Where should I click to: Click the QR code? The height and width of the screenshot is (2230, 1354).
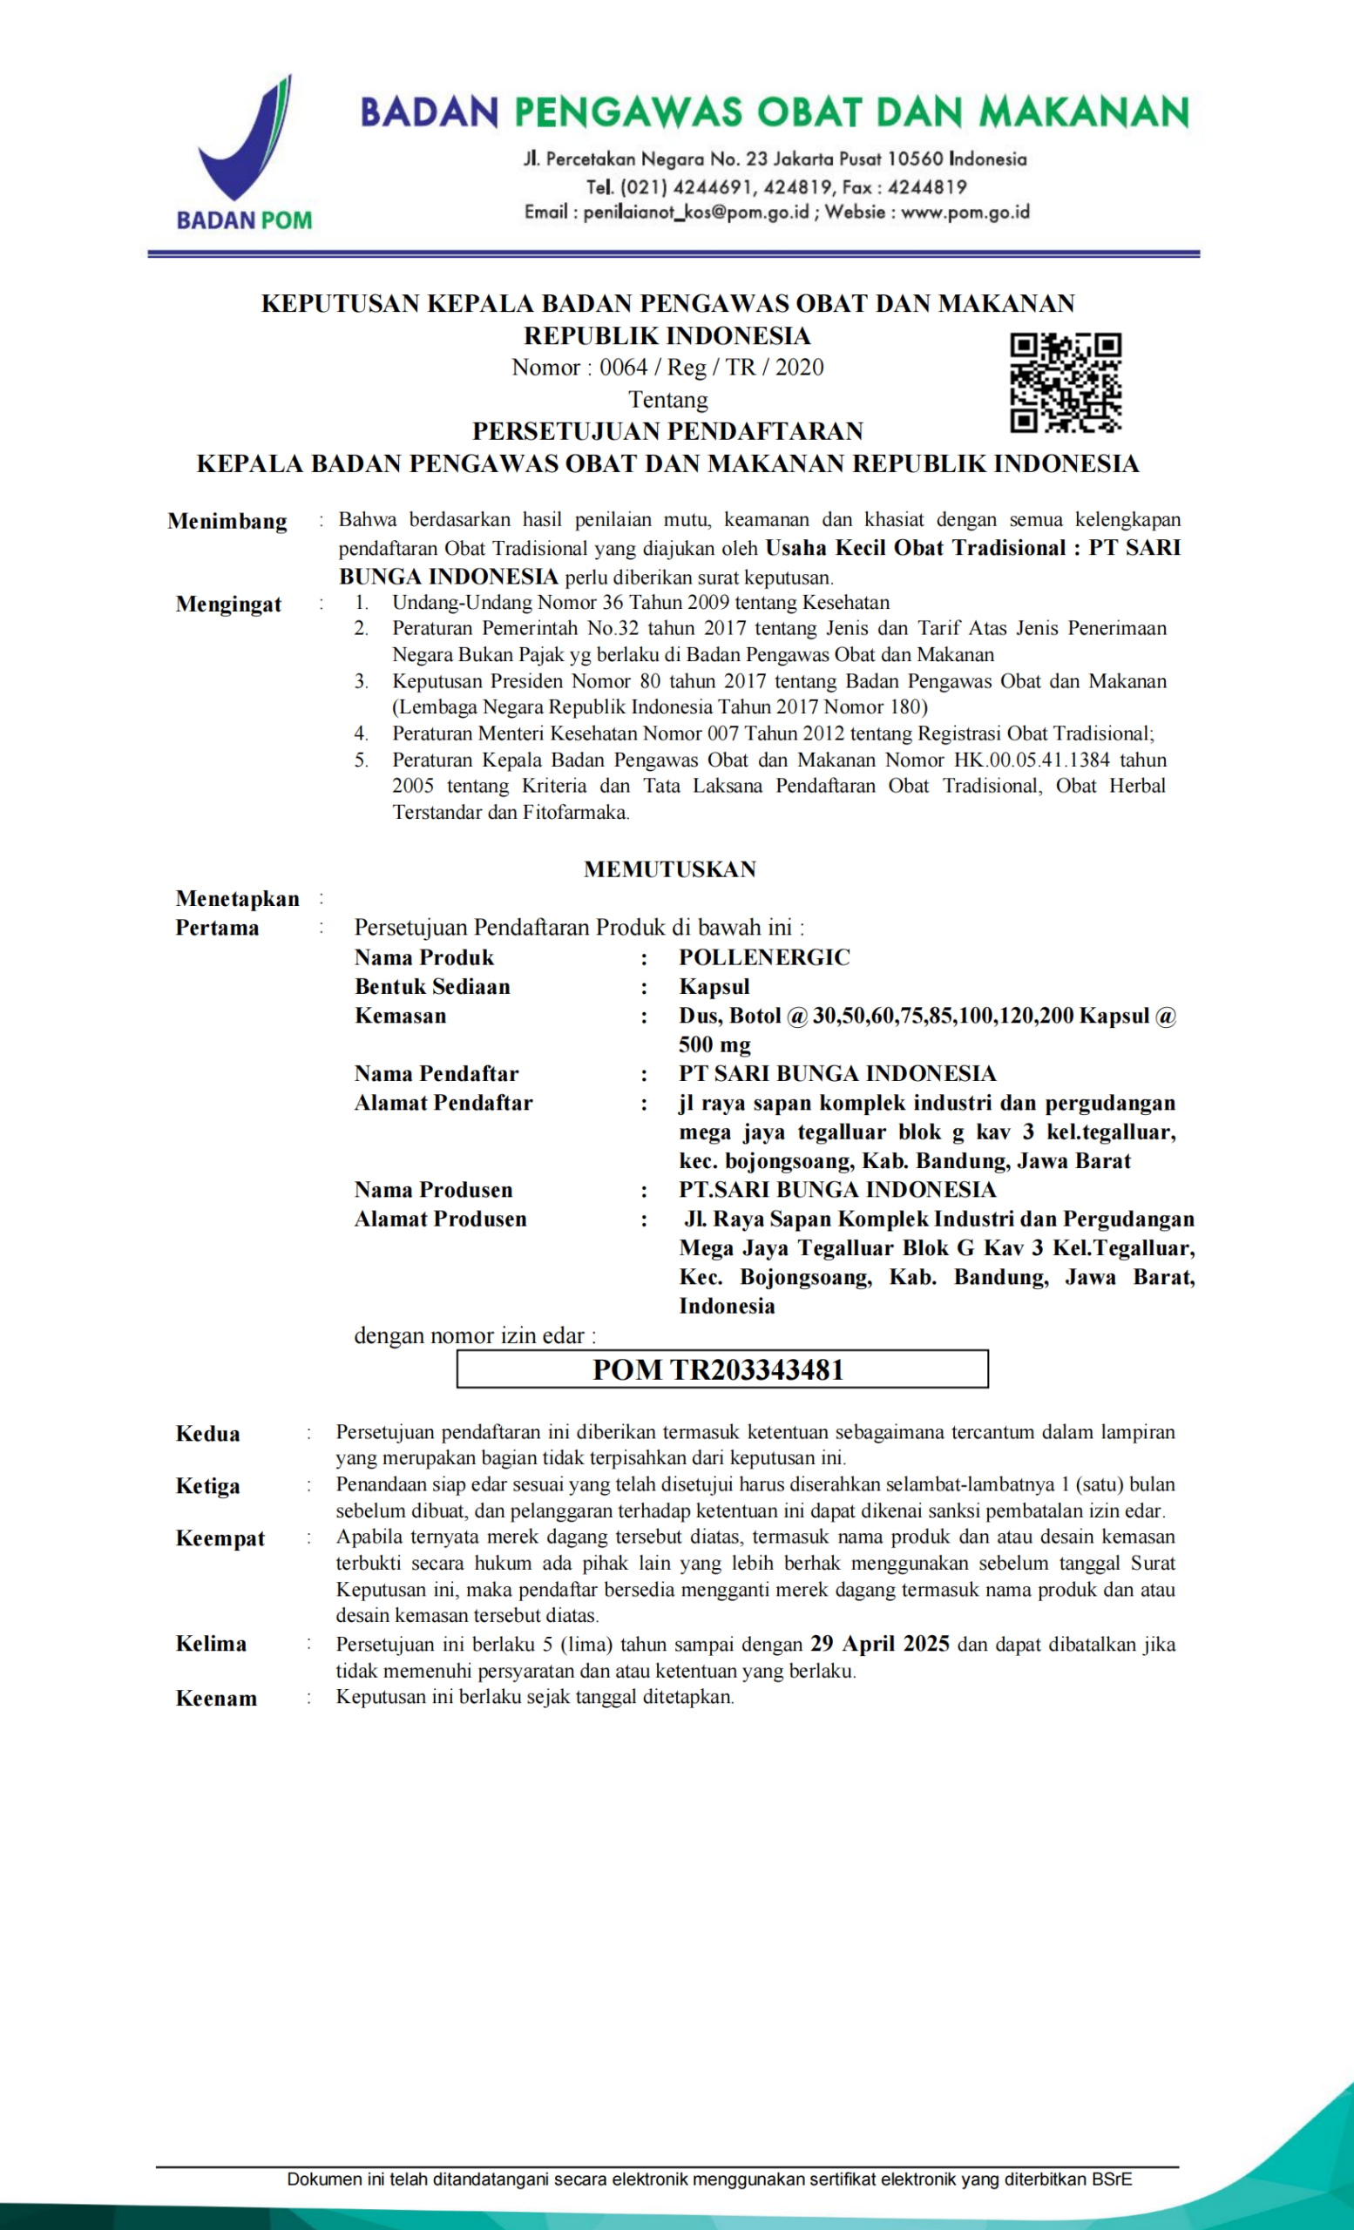pyautogui.click(x=1066, y=382)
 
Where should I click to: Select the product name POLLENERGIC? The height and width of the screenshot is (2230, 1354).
pyautogui.click(x=765, y=957)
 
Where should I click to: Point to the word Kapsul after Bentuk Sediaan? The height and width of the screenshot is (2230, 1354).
pyautogui.click(x=714, y=986)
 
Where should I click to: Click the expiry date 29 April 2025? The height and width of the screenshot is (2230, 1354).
pyautogui.click(x=879, y=1644)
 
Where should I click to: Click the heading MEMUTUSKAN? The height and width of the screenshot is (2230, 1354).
pyautogui.click(x=670, y=868)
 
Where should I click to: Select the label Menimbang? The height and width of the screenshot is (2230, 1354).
pyautogui.click(x=227, y=521)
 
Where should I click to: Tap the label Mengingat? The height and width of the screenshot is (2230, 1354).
pyautogui.click(x=228, y=604)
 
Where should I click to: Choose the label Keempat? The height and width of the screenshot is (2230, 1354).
pyautogui.click(x=220, y=1538)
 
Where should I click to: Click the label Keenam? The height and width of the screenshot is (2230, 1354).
pyautogui.click(x=216, y=1698)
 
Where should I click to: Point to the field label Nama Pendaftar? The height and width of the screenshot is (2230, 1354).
pyautogui.click(x=437, y=1073)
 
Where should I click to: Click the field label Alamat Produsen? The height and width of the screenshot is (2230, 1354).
pyautogui.click(x=440, y=1219)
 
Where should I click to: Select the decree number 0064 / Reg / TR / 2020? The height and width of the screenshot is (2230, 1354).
pyautogui.click(x=711, y=368)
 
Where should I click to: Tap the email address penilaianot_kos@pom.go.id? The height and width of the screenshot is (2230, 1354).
pyautogui.click(x=695, y=213)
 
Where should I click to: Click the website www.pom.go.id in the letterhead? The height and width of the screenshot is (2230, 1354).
pyautogui.click(x=965, y=213)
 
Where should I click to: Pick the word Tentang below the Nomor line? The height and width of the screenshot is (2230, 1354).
pyautogui.click(x=668, y=399)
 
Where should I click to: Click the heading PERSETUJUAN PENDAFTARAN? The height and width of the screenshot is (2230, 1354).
pyautogui.click(x=668, y=431)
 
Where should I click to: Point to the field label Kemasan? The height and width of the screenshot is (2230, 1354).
pyautogui.click(x=400, y=1016)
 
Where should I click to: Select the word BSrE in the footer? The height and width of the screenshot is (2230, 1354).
pyautogui.click(x=1112, y=2179)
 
